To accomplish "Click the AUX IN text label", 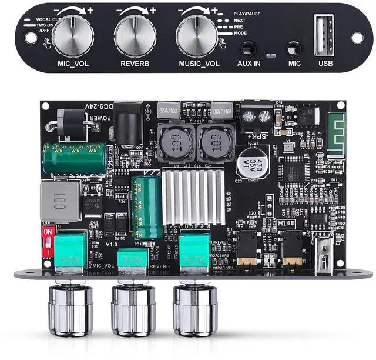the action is click(249, 64).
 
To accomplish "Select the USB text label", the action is click(326, 64).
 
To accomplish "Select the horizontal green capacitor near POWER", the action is click(73, 158).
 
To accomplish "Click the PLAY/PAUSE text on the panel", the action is click(247, 13).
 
